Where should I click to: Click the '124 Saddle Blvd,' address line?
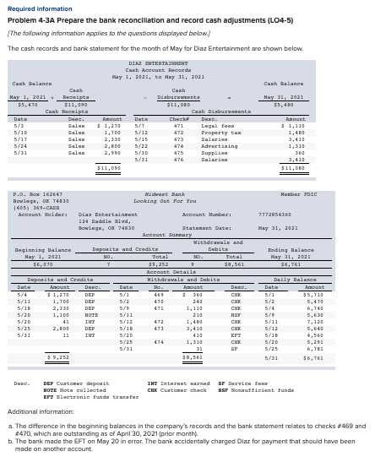(102, 220)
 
